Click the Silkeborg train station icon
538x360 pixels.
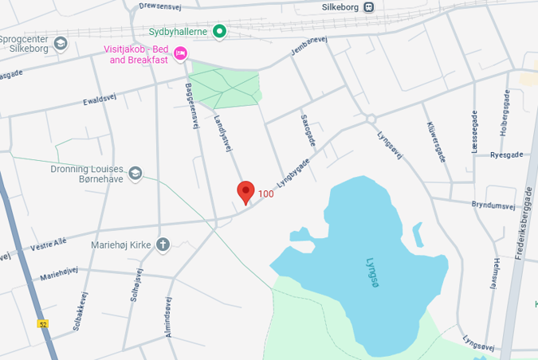tap(368, 7)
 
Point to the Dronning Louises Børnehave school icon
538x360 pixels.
tap(135, 173)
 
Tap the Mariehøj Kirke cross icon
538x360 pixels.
tap(163, 245)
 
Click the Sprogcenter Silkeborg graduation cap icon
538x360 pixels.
tap(61, 43)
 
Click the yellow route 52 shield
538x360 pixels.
tap(42, 323)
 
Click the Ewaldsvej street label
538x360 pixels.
tap(100, 100)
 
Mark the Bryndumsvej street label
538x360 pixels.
tap(493, 205)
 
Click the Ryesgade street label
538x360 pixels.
tap(506, 155)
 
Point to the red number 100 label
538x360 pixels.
tap(265, 194)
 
